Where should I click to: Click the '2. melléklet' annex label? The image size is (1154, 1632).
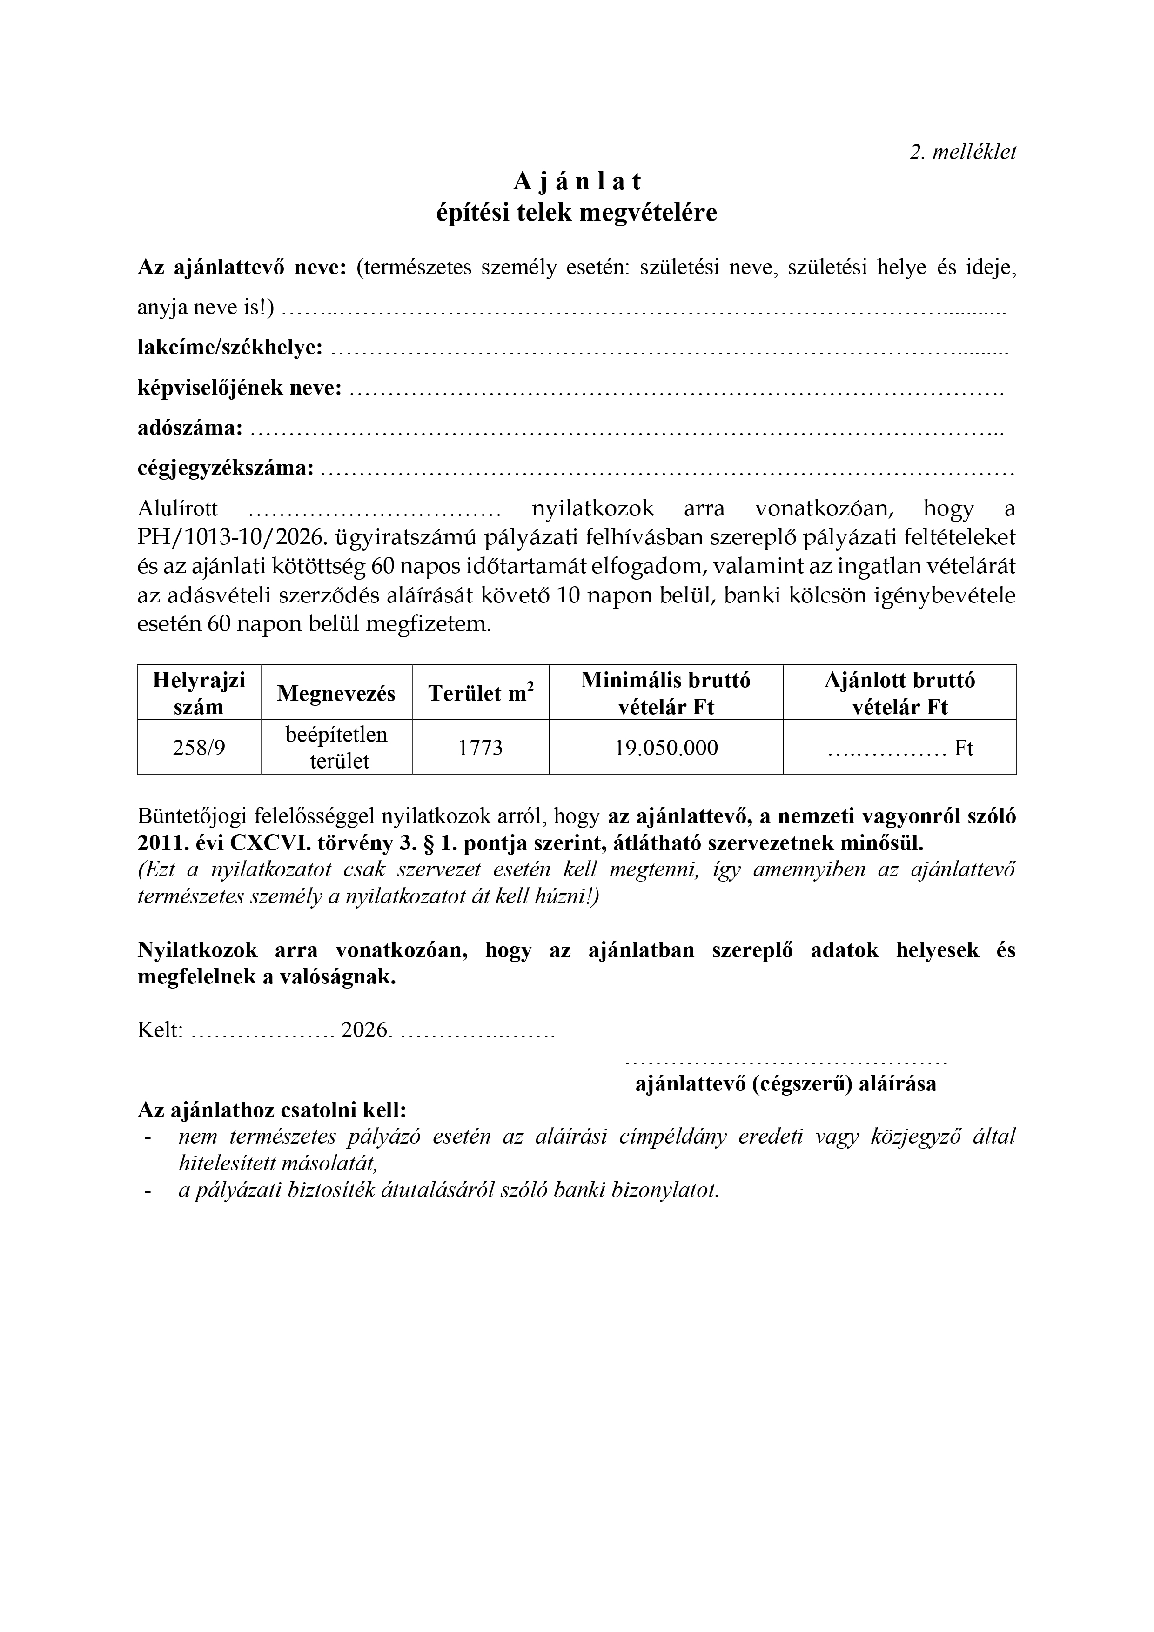[963, 152]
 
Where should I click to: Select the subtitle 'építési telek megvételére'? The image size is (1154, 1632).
[577, 213]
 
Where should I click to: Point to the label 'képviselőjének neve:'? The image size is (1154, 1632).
[240, 388]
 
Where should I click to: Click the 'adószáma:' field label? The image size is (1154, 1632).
[190, 428]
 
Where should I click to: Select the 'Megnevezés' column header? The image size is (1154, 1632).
[336, 693]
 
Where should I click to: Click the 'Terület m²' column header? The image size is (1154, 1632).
[481, 693]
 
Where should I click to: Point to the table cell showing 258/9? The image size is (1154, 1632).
[199, 747]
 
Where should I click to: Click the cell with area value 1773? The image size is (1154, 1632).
[481, 747]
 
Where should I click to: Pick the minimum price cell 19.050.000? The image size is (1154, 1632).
[666, 747]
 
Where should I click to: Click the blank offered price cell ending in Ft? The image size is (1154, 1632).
[899, 748]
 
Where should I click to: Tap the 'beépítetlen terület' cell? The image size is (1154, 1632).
[336, 747]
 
